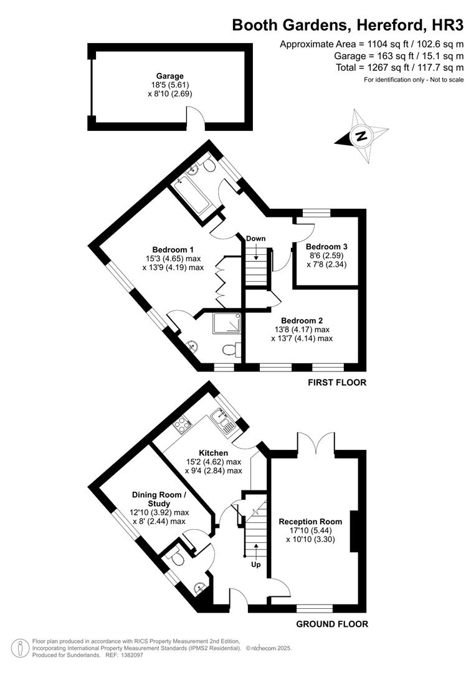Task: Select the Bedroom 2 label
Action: click(x=302, y=320)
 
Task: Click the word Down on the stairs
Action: click(x=255, y=239)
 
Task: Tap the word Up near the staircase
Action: click(x=255, y=565)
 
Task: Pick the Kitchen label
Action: click(x=213, y=452)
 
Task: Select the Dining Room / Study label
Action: click(x=158, y=499)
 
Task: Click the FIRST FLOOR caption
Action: click(x=337, y=382)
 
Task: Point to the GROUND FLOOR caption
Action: click(x=331, y=624)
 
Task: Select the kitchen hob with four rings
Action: click(x=182, y=426)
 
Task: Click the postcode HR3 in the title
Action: click(x=449, y=24)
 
